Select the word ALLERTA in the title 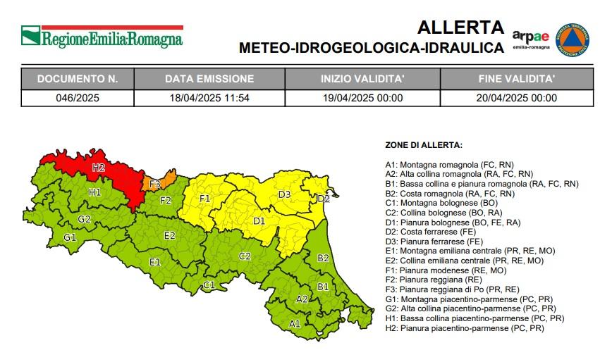tap(460, 27)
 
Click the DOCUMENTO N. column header tap(78, 78)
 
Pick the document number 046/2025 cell tap(78, 98)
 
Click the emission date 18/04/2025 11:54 tap(207, 98)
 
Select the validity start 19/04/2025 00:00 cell tap(362, 98)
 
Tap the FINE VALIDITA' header tap(517, 78)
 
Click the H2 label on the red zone tap(98, 168)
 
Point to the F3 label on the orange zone tap(154, 185)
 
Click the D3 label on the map tap(284, 194)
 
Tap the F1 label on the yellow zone tap(205, 199)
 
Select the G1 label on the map tap(69, 237)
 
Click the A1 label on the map tap(295, 324)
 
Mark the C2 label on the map tap(245, 256)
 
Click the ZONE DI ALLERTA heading tap(423, 145)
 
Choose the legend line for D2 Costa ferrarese tap(430, 231)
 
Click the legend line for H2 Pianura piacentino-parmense tap(464, 327)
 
